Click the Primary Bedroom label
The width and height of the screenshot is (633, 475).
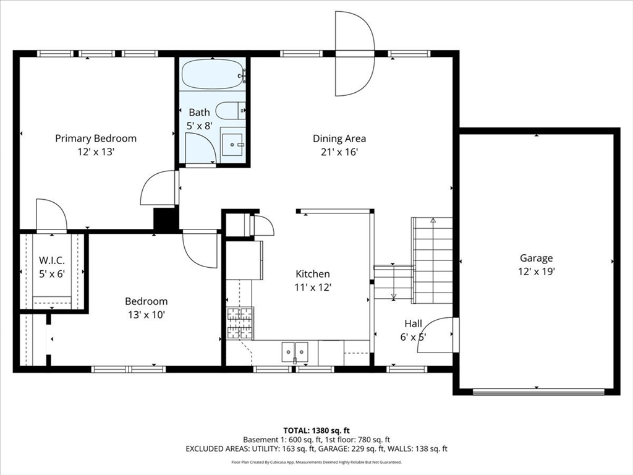click(x=96, y=139)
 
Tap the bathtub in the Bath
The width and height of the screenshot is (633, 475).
click(x=213, y=74)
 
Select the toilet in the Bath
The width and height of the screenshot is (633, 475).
click(x=231, y=111)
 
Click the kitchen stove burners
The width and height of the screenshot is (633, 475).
click(x=240, y=323)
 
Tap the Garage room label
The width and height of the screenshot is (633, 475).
click(x=536, y=258)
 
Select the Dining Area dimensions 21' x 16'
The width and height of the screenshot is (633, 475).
click(x=339, y=152)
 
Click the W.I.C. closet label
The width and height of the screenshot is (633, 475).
click(x=52, y=260)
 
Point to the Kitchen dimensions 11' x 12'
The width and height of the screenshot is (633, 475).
click(x=313, y=287)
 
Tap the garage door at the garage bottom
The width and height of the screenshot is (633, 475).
click(x=538, y=392)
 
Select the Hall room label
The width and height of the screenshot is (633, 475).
click(x=414, y=323)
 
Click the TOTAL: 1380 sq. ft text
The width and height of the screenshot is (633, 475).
click(x=316, y=430)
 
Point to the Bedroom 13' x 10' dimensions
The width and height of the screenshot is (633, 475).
click(x=146, y=315)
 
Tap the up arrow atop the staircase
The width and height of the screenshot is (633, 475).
click(x=433, y=221)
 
